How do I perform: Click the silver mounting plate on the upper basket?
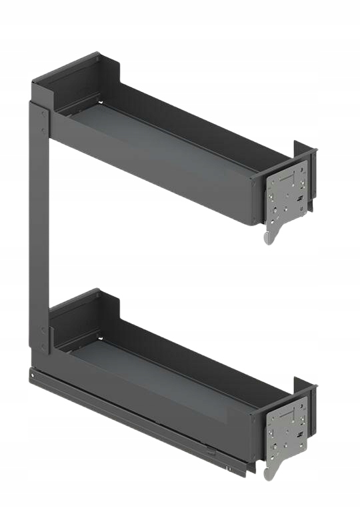pyautogui.click(x=288, y=194)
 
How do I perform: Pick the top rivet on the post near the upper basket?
pyautogui.click(x=44, y=113)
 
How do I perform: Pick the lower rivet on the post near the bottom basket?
pyautogui.click(x=44, y=347)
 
